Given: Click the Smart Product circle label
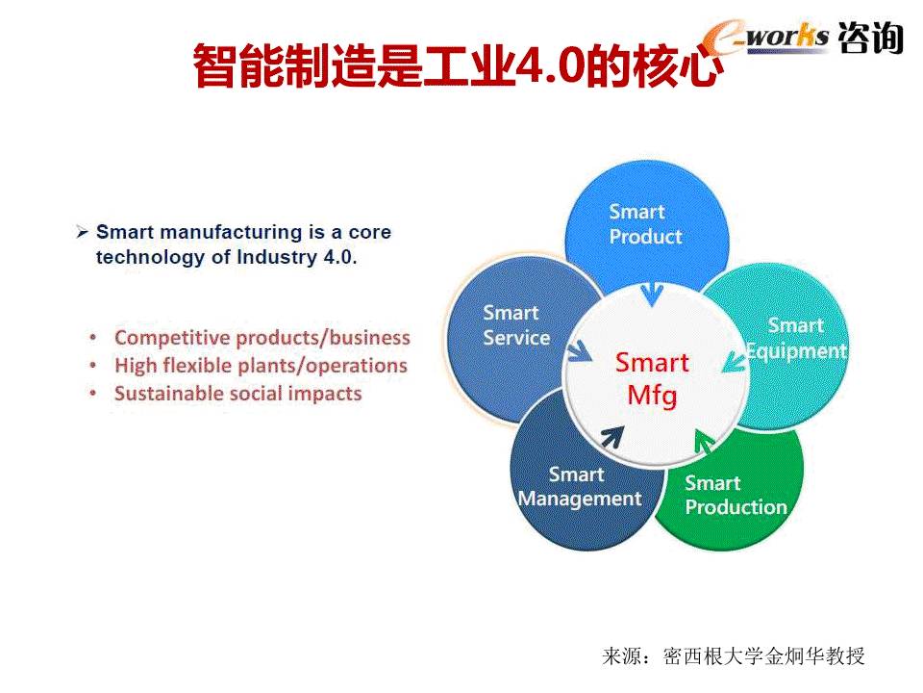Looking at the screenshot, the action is (x=645, y=224).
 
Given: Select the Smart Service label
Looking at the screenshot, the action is (x=516, y=324).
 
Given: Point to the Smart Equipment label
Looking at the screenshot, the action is (x=796, y=338).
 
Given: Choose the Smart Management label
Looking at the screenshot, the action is (x=580, y=487).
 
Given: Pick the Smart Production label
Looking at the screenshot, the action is (x=736, y=495).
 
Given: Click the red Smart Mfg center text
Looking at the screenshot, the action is (x=652, y=379).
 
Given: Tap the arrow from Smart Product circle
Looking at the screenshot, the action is (x=652, y=295).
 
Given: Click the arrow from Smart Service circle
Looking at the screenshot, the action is (x=579, y=350).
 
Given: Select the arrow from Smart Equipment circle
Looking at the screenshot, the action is (x=734, y=361).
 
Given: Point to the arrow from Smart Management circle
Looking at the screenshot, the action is (x=612, y=437).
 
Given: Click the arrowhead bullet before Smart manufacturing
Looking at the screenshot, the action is (x=83, y=232).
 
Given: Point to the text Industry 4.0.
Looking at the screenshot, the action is (x=296, y=258).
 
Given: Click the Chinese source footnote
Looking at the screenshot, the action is (x=734, y=655).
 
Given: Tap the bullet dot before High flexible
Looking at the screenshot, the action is (x=93, y=366).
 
